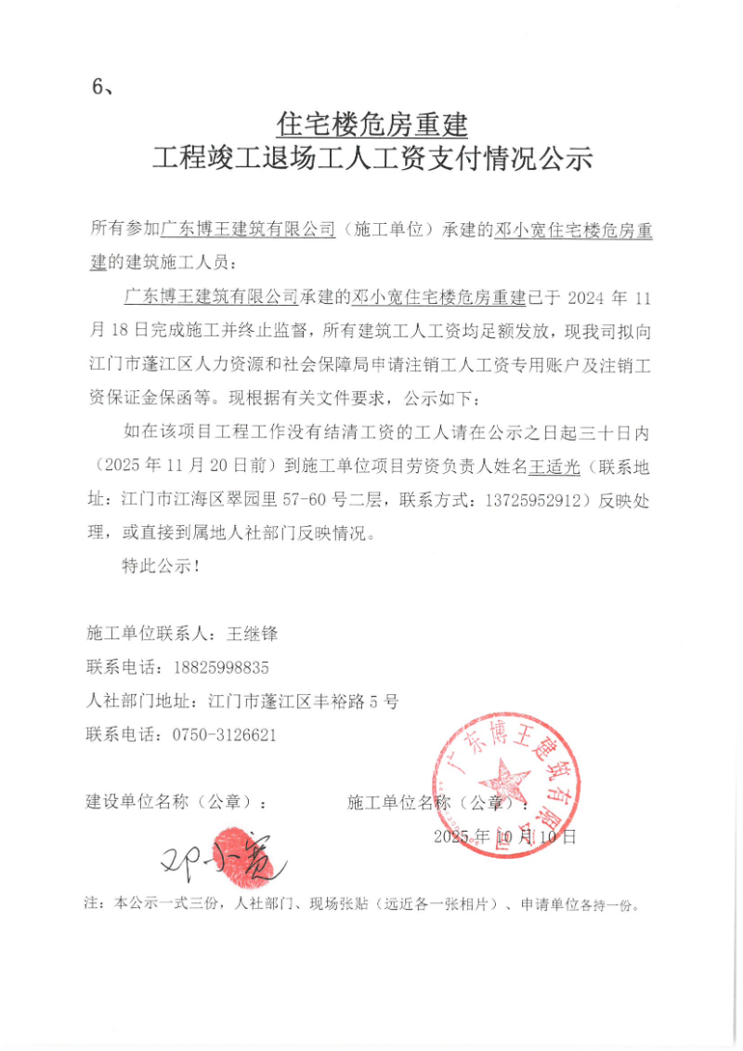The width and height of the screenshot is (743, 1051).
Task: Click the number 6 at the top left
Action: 97,86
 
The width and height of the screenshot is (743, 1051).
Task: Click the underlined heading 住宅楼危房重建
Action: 371,124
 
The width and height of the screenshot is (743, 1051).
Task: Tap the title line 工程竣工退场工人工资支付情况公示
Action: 371,160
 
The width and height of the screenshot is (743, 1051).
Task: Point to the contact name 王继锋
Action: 252,634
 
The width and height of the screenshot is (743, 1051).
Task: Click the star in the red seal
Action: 503,778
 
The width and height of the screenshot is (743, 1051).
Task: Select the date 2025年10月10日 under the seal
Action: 505,836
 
